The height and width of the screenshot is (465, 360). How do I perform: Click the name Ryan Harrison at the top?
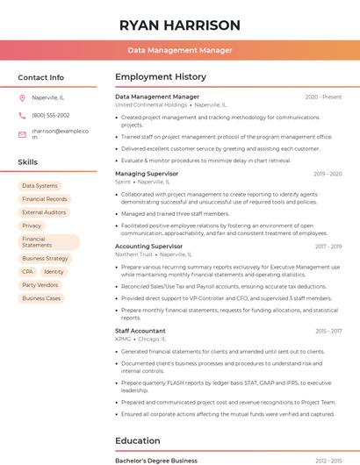point(180,25)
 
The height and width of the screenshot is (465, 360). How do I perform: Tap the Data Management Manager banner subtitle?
point(180,50)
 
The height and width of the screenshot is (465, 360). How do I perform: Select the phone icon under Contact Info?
point(22,115)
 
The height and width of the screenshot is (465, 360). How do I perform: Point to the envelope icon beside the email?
point(22,133)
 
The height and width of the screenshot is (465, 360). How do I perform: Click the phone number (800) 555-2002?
point(50,115)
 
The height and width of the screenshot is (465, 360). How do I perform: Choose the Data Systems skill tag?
point(40,186)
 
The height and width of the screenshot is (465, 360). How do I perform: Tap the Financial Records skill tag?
point(44,199)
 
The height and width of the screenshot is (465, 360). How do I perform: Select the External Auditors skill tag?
point(44,212)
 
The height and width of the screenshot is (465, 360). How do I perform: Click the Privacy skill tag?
point(32,225)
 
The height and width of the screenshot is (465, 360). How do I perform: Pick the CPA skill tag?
point(27,272)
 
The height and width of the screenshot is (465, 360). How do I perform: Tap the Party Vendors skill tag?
point(40,285)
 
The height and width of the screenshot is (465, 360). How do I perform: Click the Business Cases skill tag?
point(41,298)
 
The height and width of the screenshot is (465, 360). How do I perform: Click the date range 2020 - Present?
point(323,97)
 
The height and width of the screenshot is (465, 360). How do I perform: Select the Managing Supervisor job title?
point(147,174)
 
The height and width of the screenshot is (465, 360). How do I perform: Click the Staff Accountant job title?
point(140,331)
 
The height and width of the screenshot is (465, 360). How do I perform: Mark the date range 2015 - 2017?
point(328,331)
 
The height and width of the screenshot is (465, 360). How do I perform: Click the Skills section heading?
point(28,162)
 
